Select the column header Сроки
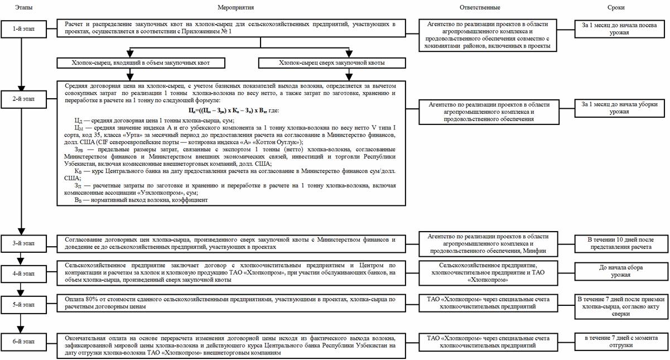[616, 8]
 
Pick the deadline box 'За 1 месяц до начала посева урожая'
[616, 28]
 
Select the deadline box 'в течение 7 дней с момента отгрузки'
[616, 342]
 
